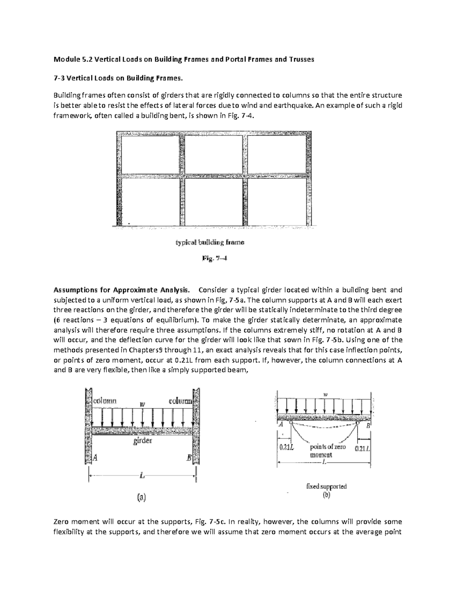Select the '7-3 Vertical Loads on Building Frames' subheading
tap(118, 79)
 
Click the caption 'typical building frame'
tap(210, 242)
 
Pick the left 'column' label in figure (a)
tap(105, 401)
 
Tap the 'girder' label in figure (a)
tap(142, 441)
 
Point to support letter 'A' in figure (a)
tap(95, 458)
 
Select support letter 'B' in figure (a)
tap(189, 458)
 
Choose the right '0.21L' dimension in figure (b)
tap(362, 448)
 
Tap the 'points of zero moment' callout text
tap(328, 451)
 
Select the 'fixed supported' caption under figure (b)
tap(326, 486)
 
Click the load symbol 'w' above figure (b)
tap(325, 395)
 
